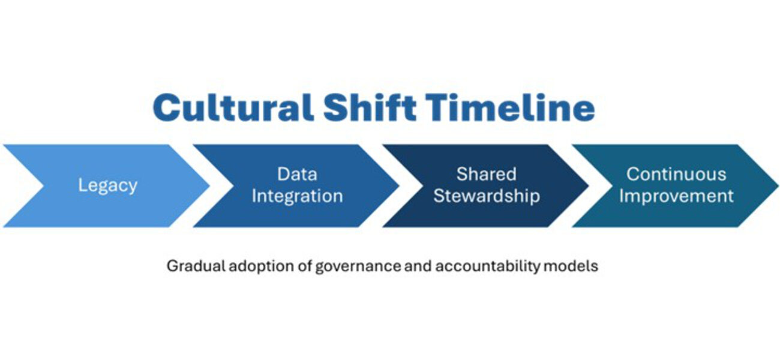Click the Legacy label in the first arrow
(107, 185)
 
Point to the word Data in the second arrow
(297, 174)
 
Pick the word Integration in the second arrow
(297, 196)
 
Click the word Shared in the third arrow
(486, 174)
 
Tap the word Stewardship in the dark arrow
(487, 196)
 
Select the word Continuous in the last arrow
(676, 174)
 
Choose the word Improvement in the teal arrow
(676, 196)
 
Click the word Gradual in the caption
(196, 266)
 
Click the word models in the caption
(571, 266)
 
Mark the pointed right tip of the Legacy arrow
(209, 186)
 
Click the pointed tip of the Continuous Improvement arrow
(778, 186)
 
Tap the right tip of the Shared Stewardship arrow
(588, 186)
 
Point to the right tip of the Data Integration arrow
(399, 186)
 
